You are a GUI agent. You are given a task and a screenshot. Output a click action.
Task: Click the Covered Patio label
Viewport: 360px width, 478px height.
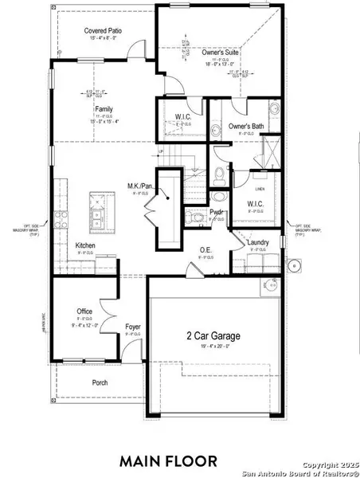pos(103,30)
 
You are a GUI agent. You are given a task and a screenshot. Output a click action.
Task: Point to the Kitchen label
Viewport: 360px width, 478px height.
pos(87,246)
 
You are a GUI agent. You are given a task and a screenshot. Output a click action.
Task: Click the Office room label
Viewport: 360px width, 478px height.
pos(85,311)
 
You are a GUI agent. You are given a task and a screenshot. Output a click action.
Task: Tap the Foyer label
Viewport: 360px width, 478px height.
pos(133,327)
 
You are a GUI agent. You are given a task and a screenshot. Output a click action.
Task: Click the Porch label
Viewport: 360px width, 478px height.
pos(100,383)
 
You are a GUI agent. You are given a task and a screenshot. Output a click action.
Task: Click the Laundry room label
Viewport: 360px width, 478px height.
pos(257,242)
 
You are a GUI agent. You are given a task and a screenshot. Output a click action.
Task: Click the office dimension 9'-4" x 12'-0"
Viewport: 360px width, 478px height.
pos(85,324)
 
